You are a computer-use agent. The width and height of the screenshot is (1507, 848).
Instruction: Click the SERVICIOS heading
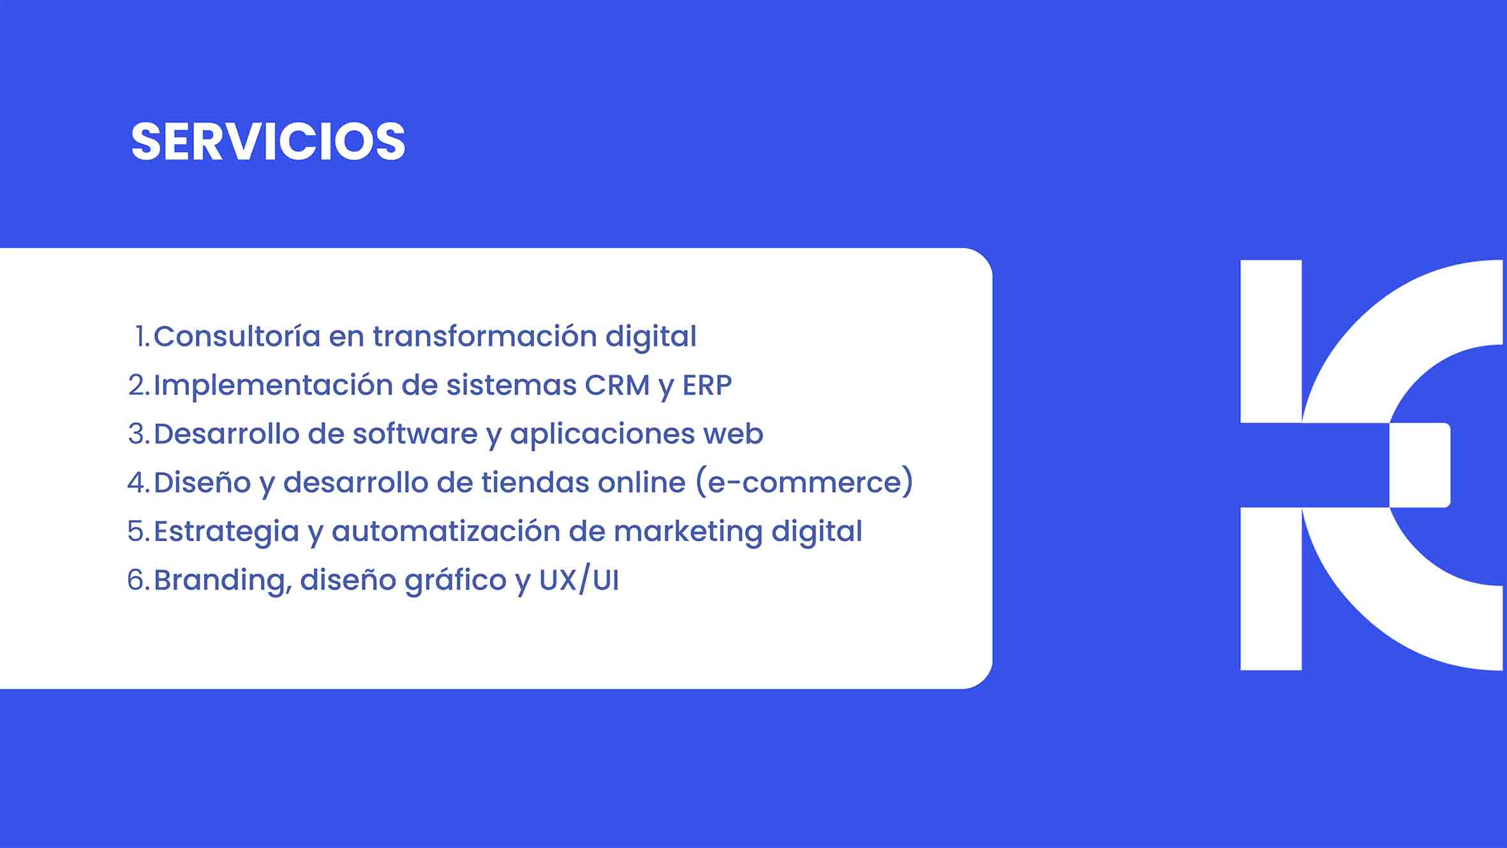(268, 141)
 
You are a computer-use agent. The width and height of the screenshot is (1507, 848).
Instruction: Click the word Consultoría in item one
(237, 336)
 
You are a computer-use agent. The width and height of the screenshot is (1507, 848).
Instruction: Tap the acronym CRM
(617, 385)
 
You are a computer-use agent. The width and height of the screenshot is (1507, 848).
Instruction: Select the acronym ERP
(707, 385)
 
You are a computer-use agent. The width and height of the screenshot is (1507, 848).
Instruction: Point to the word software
(415, 433)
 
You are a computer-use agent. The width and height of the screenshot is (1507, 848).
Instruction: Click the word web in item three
(733, 434)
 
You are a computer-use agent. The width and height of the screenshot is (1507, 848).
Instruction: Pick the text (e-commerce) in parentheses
(805, 482)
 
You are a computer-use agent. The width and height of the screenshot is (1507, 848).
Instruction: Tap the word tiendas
(535, 482)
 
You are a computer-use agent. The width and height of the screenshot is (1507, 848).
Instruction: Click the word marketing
(688, 532)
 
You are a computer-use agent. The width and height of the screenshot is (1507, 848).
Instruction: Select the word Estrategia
(226, 532)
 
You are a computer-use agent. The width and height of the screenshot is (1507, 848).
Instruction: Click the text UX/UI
(579, 580)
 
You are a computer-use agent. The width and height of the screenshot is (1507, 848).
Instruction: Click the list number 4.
(138, 482)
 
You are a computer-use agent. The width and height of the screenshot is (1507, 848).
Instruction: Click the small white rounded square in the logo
(1420, 465)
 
